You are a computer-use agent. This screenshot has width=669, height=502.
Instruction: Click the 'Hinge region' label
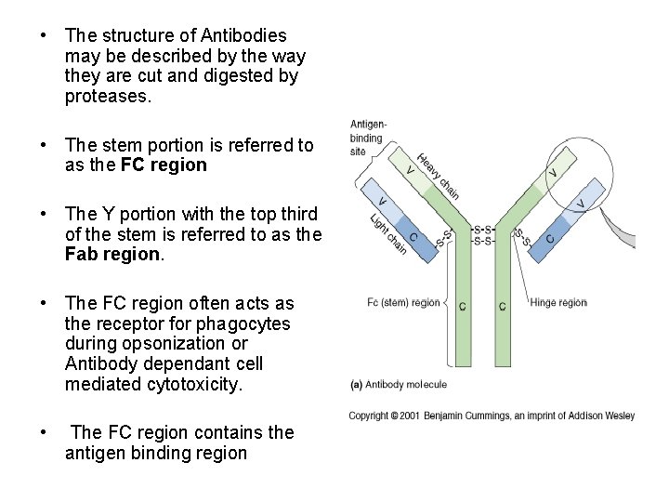point(558,302)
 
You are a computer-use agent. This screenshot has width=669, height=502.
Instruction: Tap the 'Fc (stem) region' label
point(403,302)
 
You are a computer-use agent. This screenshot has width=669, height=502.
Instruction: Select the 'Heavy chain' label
point(438,177)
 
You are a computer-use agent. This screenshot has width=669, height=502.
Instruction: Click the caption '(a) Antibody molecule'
point(398,384)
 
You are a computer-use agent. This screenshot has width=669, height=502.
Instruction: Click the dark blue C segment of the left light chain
point(413,236)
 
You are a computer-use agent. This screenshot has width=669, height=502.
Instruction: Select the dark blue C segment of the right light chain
point(550,238)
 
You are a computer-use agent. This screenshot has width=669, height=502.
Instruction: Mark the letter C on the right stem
point(502,306)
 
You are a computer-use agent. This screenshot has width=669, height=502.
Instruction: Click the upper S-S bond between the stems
point(482,229)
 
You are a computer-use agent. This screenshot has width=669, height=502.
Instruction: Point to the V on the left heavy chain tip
point(411,170)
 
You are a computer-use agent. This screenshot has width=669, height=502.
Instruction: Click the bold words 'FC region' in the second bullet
point(164,165)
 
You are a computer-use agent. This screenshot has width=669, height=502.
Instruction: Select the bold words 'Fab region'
point(111,254)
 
